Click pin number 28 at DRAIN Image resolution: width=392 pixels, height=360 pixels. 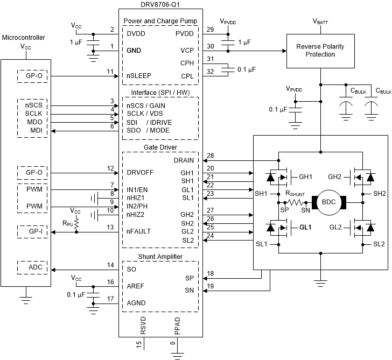click(210, 156)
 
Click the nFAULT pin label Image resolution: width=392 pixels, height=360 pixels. click(139, 231)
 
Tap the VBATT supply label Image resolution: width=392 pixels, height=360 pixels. click(322, 22)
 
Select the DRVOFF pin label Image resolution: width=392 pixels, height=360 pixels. click(142, 173)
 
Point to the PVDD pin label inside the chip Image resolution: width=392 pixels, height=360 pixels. click(184, 33)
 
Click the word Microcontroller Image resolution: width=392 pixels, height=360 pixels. click(24, 37)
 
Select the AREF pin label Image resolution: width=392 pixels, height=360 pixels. click(136, 286)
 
